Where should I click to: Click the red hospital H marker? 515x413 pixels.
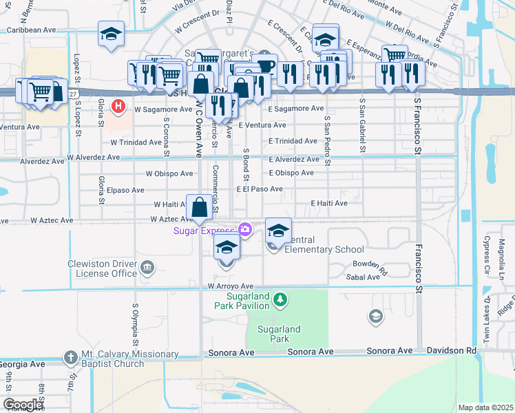click(118, 106)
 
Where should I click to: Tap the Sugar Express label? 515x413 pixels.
click(204, 230)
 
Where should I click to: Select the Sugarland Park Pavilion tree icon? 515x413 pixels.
click(280, 299)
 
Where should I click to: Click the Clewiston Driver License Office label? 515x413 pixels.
click(103, 268)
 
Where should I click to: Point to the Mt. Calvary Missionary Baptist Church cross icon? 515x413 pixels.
click(71, 357)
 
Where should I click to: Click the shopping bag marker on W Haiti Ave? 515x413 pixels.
click(199, 206)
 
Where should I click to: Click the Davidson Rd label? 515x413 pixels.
click(451, 351)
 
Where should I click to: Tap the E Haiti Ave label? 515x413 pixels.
click(329, 203)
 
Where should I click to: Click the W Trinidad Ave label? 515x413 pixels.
click(136, 142)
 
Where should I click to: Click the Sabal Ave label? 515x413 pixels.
click(365, 277)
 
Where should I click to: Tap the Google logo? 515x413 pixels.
click(23, 404)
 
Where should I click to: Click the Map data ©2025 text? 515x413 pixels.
click(485, 407)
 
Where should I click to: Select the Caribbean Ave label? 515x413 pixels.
click(32, 30)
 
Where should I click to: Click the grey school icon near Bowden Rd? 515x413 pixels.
click(375, 316)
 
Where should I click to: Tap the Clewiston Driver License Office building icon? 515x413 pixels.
click(147, 267)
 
